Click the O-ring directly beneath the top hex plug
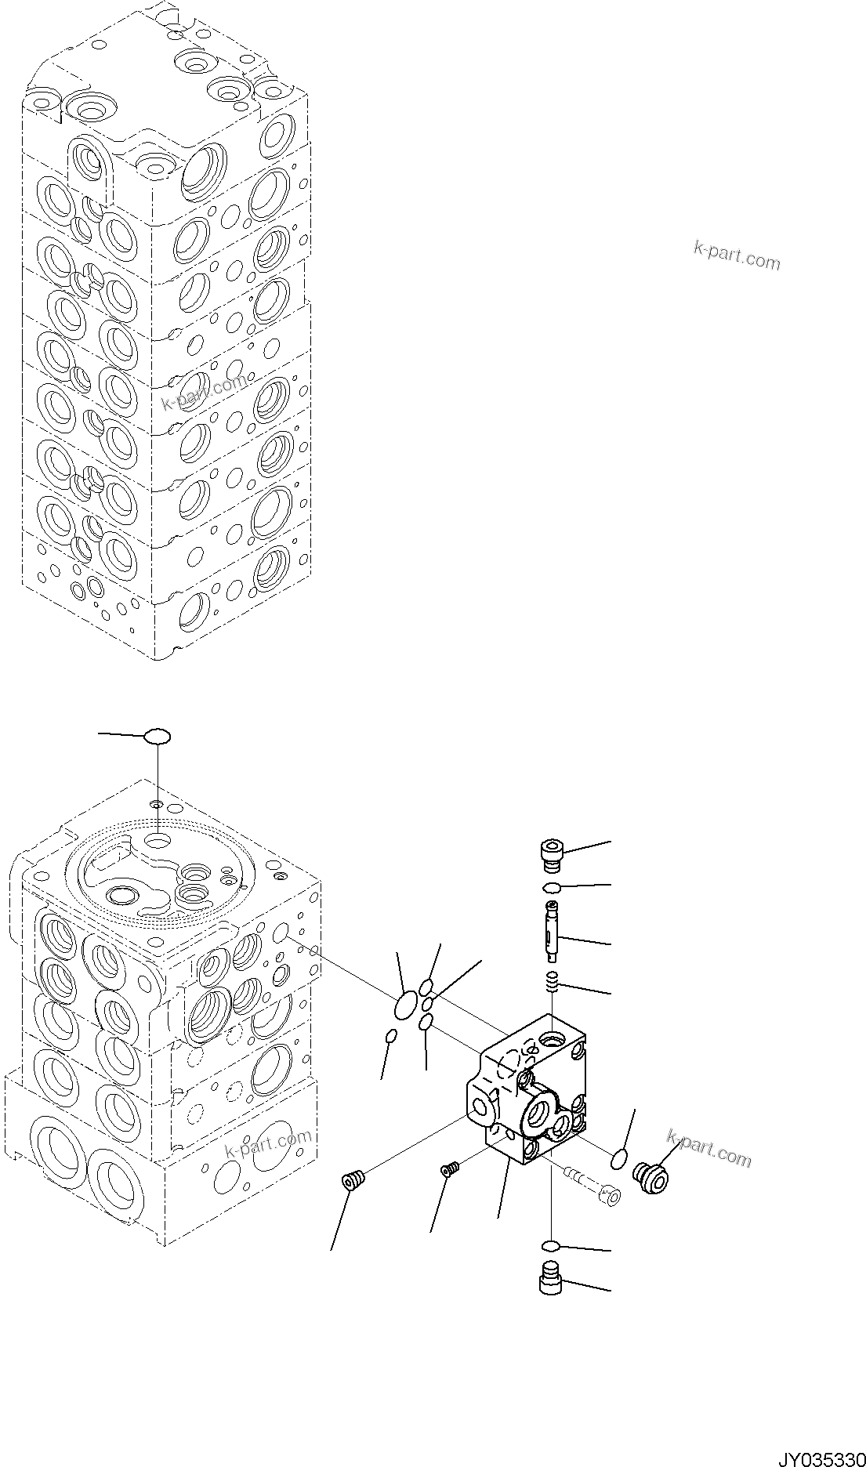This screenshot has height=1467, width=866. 552,887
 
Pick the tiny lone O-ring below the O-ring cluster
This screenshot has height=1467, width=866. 393,1038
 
